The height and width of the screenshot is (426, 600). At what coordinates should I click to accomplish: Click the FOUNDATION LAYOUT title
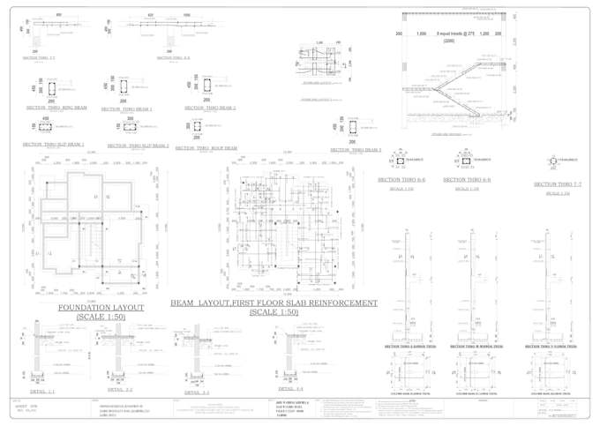click(x=101, y=308)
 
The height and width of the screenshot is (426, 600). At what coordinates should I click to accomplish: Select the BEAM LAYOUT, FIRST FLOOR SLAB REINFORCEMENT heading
click(x=274, y=303)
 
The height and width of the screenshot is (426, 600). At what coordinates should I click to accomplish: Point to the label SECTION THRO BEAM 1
click(x=126, y=109)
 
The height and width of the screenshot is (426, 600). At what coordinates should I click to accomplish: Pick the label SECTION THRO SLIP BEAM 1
click(x=53, y=144)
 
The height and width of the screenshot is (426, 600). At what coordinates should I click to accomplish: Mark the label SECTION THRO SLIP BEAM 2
click(x=137, y=146)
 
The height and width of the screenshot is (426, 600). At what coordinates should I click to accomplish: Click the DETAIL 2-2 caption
click(x=120, y=389)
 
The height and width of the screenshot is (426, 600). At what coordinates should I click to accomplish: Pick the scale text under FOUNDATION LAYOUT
click(x=101, y=317)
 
